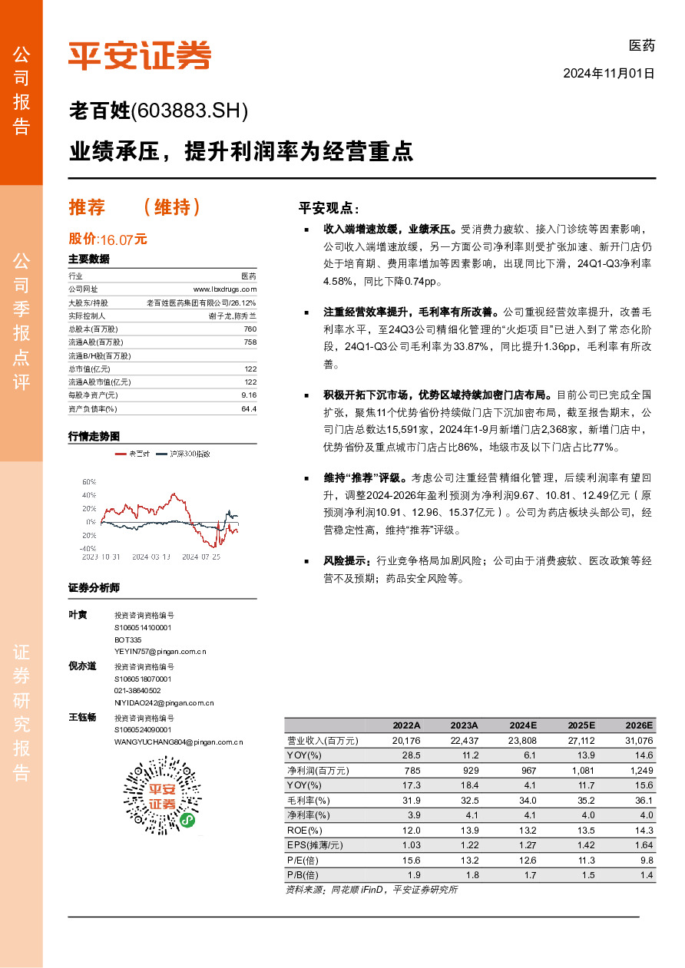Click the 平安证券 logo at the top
[x=139, y=55]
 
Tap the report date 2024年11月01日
[x=608, y=74]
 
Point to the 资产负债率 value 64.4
[x=248, y=408]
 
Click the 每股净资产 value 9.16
[x=248, y=395]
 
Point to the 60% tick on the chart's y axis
[x=88, y=481]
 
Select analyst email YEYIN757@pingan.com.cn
[x=160, y=651]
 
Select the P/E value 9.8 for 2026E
[x=646, y=860]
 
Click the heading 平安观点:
[x=329, y=208]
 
